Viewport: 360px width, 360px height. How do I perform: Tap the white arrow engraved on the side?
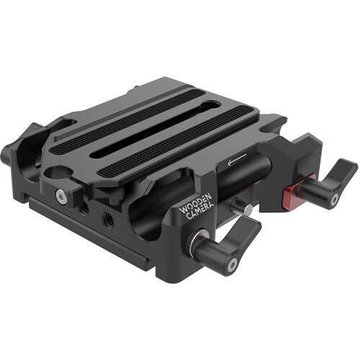click(x=235, y=159)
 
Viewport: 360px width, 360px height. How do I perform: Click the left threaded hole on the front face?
click(x=86, y=207)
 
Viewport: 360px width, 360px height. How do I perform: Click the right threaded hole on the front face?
click(x=107, y=218)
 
